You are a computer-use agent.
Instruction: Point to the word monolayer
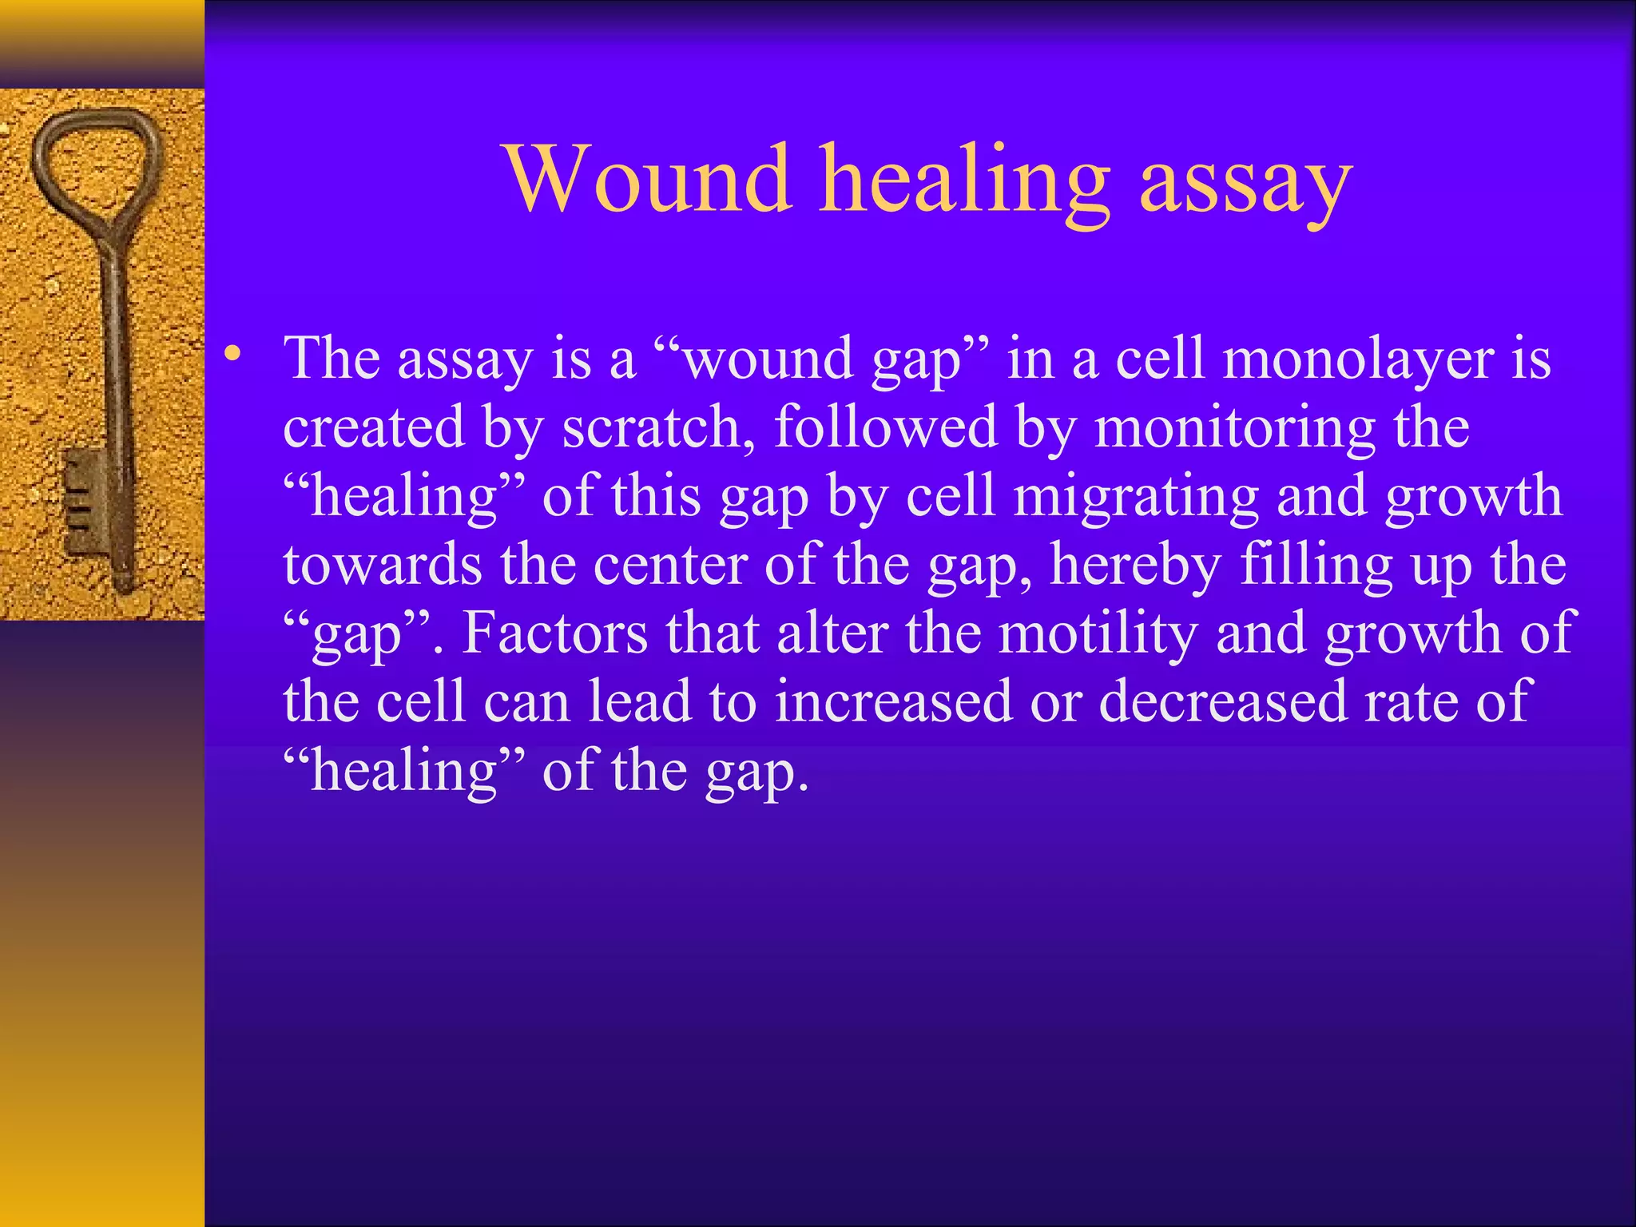click(x=1357, y=359)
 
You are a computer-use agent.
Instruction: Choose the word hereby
click(x=1135, y=566)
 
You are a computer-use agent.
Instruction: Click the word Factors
click(x=554, y=633)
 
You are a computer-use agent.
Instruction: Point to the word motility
click(x=1098, y=633)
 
